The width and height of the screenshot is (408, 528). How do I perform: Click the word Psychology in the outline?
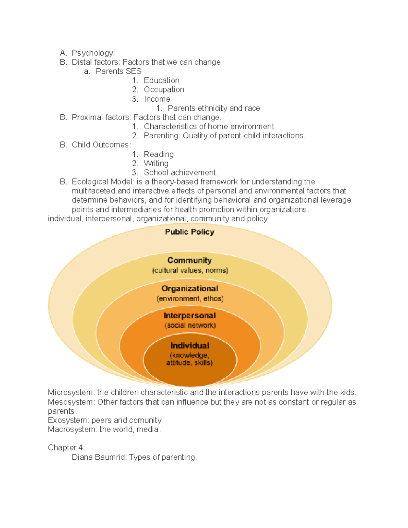click(x=92, y=53)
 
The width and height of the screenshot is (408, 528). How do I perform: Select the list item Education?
click(x=161, y=81)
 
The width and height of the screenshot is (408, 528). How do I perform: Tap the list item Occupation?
click(x=164, y=90)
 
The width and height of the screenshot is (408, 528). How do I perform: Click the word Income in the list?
click(x=157, y=99)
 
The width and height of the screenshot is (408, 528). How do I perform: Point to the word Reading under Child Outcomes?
click(x=158, y=154)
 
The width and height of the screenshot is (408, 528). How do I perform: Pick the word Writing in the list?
click(x=156, y=164)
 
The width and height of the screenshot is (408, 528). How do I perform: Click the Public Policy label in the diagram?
click(x=189, y=232)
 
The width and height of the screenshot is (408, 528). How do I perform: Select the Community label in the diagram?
click(x=189, y=260)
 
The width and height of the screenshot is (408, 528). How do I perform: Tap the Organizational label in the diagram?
click(x=190, y=289)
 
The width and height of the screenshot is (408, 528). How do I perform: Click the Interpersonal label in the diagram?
click(x=190, y=316)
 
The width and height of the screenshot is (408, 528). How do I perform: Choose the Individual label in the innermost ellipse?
click(x=190, y=346)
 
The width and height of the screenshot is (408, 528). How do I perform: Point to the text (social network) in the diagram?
click(x=190, y=325)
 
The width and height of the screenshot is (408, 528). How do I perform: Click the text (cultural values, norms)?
click(x=190, y=270)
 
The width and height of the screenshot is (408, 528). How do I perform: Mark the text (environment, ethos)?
click(x=190, y=299)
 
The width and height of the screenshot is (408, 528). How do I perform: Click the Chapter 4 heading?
click(x=66, y=448)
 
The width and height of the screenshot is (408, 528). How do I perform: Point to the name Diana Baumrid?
click(x=99, y=457)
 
